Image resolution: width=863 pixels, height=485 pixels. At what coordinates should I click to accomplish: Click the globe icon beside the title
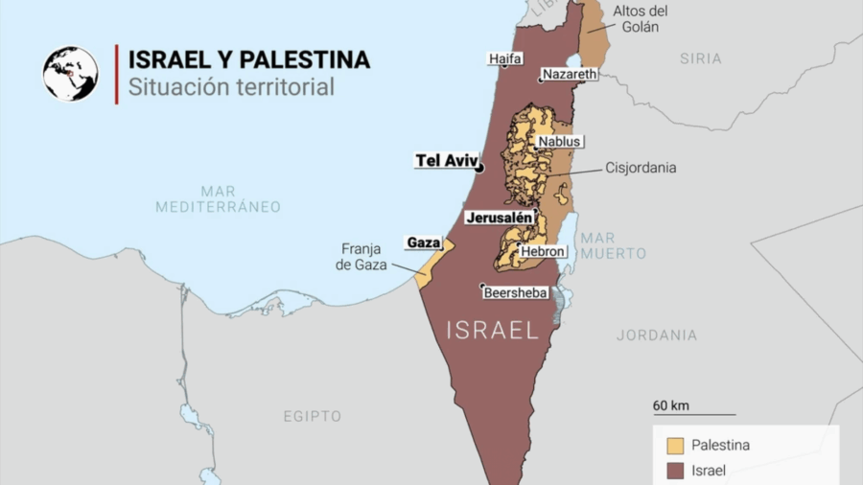pyautogui.click(x=70, y=74)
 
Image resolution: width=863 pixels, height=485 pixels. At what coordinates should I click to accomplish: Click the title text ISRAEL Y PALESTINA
pyautogui.click(x=249, y=59)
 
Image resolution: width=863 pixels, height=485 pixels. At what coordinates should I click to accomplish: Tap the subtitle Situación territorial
pyautogui.click(x=231, y=87)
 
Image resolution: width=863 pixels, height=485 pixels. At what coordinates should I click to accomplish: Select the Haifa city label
pyautogui.click(x=505, y=58)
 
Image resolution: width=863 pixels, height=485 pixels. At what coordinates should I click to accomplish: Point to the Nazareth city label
pyautogui.click(x=570, y=74)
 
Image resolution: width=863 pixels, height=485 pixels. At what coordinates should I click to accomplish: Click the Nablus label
pyautogui.click(x=559, y=141)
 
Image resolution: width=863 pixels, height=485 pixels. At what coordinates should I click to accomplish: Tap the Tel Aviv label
pyautogui.click(x=445, y=160)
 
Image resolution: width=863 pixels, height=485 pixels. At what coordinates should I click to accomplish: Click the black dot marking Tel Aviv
pyautogui.click(x=480, y=168)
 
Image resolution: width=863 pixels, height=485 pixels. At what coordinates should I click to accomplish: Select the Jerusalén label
pyautogui.click(x=499, y=218)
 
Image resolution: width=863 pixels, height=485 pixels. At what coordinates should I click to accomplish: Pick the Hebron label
pyautogui.click(x=544, y=251)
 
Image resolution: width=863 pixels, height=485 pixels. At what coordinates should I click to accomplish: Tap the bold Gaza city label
pyautogui.click(x=423, y=242)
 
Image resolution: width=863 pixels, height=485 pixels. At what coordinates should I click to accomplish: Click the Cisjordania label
pyautogui.click(x=641, y=168)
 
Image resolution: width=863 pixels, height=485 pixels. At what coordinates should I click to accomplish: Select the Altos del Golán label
pyautogui.click(x=641, y=18)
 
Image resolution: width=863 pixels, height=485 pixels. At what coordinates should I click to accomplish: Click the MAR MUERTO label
pyautogui.click(x=614, y=245)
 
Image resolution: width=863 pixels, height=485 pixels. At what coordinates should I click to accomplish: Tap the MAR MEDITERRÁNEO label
pyautogui.click(x=218, y=198)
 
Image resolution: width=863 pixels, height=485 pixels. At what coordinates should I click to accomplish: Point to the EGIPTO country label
pyautogui.click(x=312, y=416)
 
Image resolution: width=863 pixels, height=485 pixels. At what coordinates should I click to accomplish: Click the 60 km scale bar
pyautogui.click(x=694, y=414)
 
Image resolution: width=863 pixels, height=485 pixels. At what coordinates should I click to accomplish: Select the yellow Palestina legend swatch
pyautogui.click(x=676, y=445)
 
